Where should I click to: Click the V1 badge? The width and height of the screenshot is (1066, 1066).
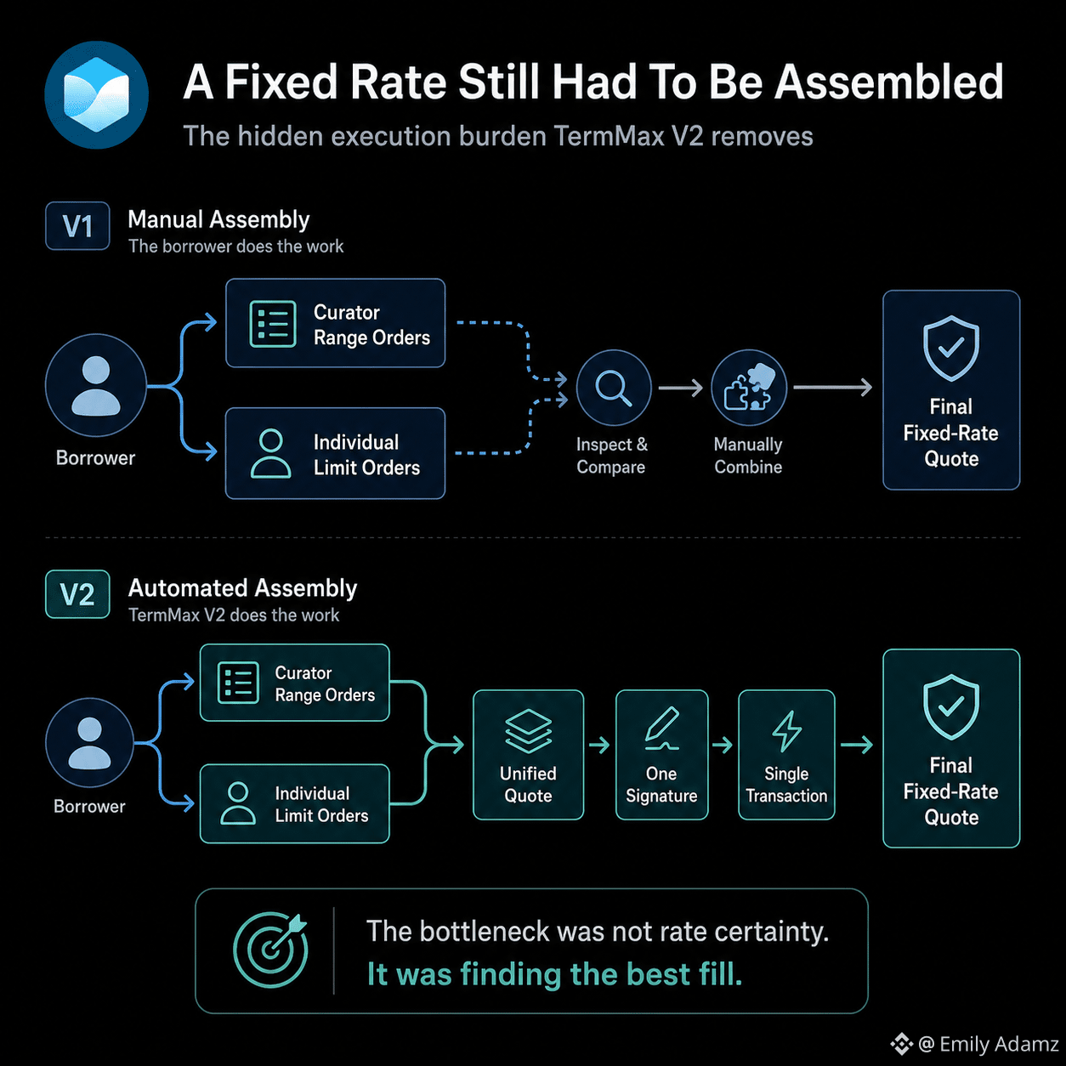click(77, 226)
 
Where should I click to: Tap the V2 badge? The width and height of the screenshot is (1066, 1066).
click(77, 594)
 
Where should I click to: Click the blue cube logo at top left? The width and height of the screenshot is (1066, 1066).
click(96, 94)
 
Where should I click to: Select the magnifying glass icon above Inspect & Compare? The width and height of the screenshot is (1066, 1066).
click(613, 388)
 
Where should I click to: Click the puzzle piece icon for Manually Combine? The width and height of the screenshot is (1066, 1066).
click(749, 388)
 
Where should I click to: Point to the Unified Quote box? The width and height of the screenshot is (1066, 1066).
click(528, 755)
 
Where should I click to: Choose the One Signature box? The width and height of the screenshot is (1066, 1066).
click(661, 755)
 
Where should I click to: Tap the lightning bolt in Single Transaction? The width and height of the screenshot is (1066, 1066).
click(786, 731)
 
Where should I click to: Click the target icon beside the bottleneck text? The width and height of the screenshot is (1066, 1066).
click(270, 950)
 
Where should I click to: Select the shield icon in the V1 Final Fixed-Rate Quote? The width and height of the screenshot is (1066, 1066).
click(951, 349)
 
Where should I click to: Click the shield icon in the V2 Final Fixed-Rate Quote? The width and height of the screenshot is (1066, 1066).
click(951, 707)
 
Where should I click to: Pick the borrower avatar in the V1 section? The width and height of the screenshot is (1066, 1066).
click(96, 386)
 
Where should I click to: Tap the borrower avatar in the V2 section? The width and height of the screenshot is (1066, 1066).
click(89, 742)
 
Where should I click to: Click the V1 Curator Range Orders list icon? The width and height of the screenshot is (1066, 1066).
click(272, 324)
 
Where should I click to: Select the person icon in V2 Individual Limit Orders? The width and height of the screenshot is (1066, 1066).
click(238, 803)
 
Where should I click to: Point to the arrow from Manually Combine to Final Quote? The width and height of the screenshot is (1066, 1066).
click(832, 388)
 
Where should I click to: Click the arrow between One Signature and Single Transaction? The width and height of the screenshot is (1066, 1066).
click(722, 746)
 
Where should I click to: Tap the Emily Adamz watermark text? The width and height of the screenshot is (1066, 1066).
click(988, 1044)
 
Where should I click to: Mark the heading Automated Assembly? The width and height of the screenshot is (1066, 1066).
click(242, 588)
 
